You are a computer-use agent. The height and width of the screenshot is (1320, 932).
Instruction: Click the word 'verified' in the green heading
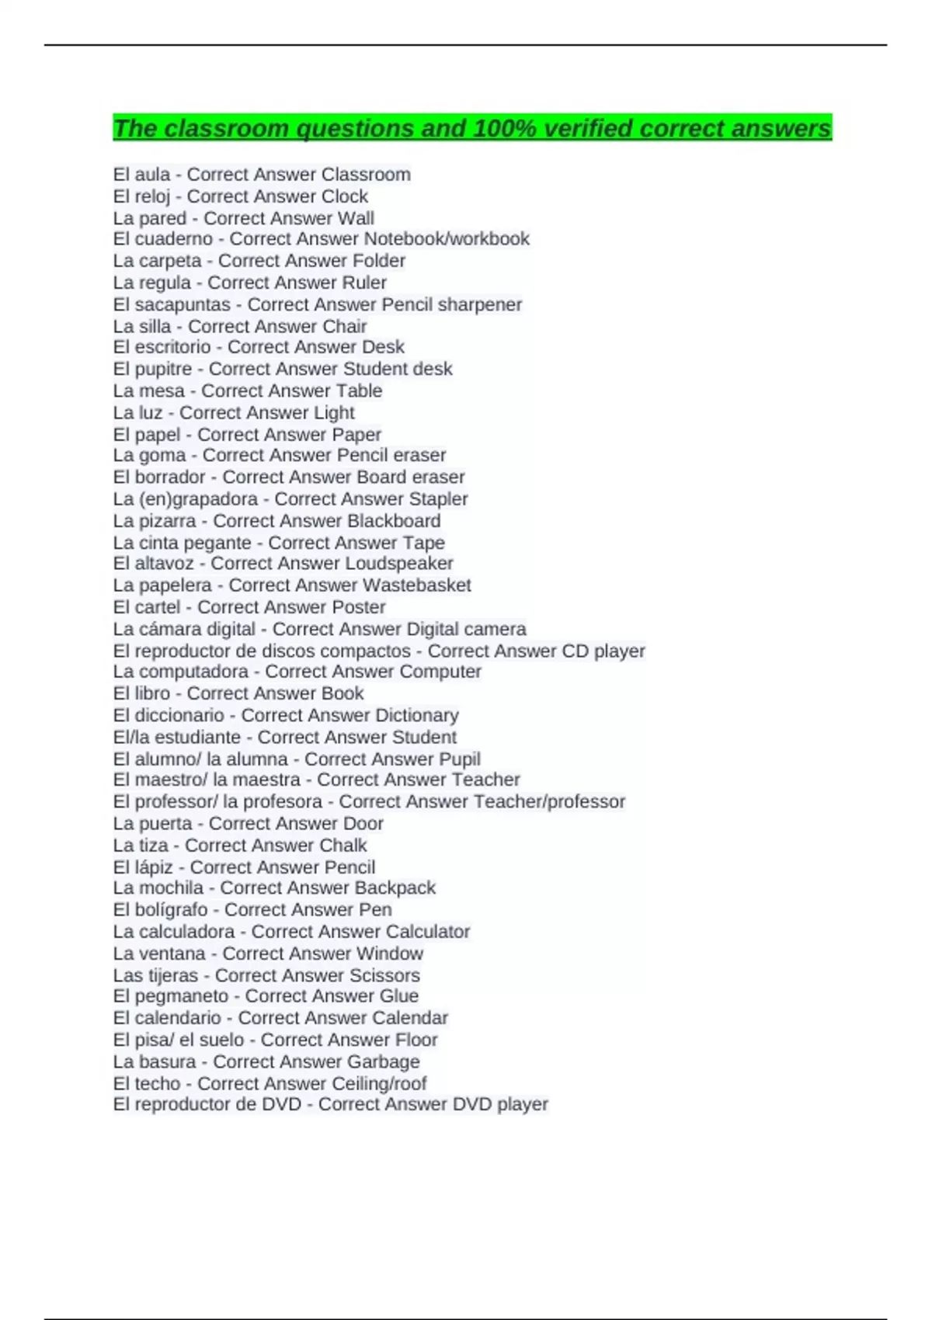589,128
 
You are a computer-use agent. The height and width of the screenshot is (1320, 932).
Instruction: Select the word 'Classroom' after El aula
365,175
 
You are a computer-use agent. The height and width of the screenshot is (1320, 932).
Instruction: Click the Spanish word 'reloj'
152,196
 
